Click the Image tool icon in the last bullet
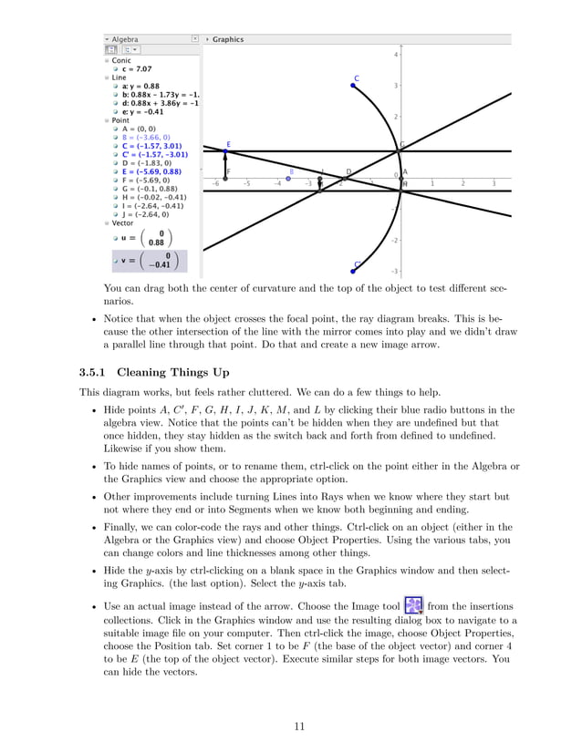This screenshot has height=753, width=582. click(x=413, y=606)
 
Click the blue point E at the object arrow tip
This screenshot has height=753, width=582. click(x=227, y=151)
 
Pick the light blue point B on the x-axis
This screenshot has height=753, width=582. click(x=288, y=179)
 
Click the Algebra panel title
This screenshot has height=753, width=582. click(x=125, y=39)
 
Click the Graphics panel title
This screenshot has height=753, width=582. click(x=228, y=39)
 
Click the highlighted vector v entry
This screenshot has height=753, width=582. click(x=145, y=262)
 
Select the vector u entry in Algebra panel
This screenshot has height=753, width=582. click(x=143, y=237)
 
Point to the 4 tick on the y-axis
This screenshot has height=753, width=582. click(x=395, y=55)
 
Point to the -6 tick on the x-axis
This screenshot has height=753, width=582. click(x=215, y=183)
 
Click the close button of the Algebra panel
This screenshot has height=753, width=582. click(x=194, y=39)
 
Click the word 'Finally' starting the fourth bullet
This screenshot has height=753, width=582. click(x=121, y=527)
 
